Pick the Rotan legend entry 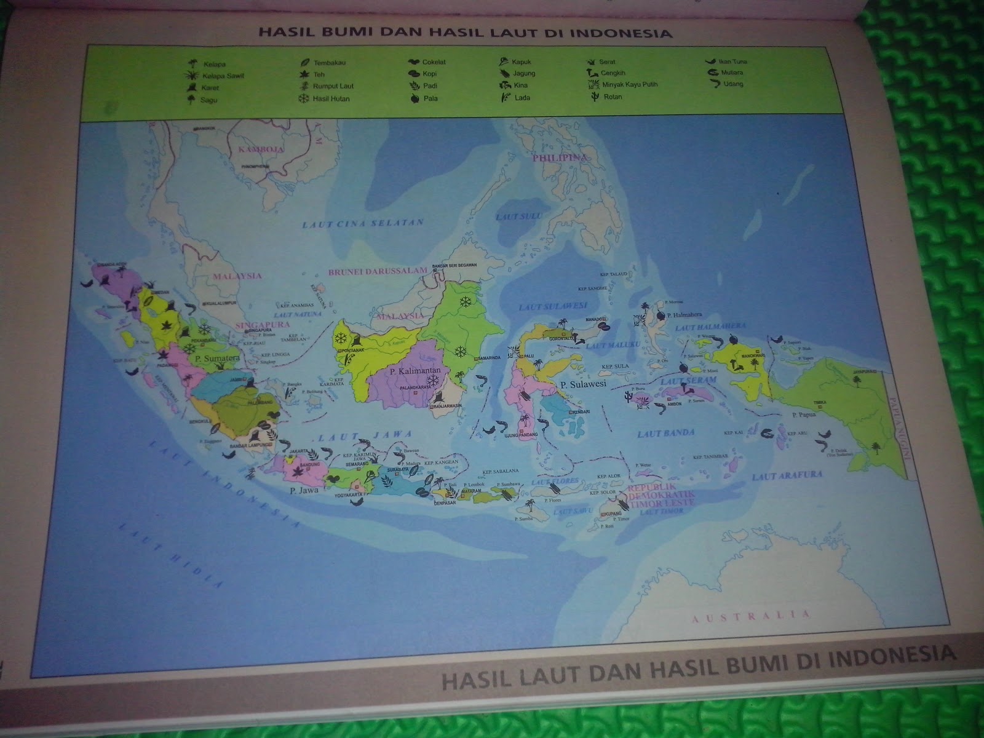coord(611,97)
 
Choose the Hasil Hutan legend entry coord(330,98)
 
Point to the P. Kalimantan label coord(412,371)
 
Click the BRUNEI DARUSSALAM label coord(378,271)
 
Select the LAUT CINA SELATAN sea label coord(363,224)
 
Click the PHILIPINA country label coord(560,158)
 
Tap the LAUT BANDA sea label coord(657,434)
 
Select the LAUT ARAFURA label coord(778,475)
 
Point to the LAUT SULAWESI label coord(552,306)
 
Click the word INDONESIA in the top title coord(621,33)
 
